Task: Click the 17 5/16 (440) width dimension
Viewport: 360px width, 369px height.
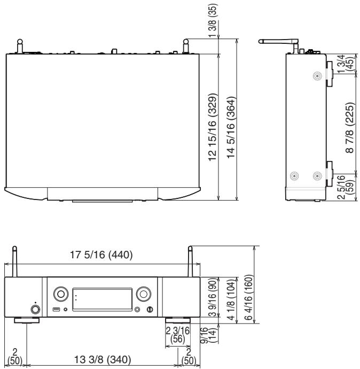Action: tap(101, 255)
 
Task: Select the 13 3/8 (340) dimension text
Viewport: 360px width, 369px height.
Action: tap(103, 359)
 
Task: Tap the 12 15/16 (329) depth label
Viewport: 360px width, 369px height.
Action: tap(213, 127)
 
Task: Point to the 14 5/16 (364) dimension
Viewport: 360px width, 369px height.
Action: tap(231, 127)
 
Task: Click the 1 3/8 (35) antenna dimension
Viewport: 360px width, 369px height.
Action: tap(213, 20)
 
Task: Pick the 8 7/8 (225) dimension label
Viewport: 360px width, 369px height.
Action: tap(350, 128)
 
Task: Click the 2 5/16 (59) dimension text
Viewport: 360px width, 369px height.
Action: tap(345, 187)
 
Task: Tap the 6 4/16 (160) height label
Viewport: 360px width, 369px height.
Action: tap(249, 297)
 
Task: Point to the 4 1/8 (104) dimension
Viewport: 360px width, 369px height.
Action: tap(231, 297)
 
